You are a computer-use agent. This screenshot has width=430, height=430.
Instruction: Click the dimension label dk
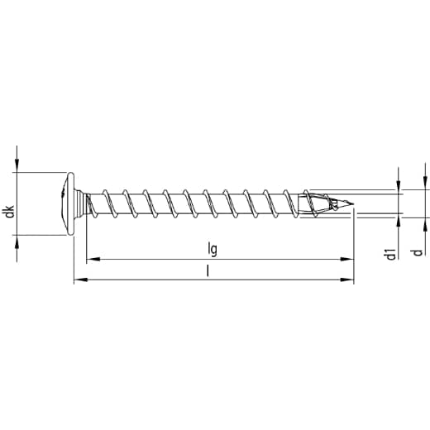(x=10, y=211)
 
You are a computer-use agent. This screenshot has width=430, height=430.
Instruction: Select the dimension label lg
(x=213, y=249)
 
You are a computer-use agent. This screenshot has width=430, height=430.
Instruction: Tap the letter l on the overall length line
(x=208, y=270)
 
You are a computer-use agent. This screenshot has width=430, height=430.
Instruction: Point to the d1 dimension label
(x=391, y=254)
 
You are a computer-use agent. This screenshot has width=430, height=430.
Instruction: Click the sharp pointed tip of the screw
(x=353, y=204)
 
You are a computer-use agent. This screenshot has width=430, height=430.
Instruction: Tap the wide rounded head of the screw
(x=69, y=204)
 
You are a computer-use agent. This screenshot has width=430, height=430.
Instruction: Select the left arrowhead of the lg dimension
(x=93, y=259)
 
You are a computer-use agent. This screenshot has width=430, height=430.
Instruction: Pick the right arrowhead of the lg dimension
(x=346, y=259)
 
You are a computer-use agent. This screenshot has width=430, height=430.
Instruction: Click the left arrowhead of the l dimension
(x=81, y=279)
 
